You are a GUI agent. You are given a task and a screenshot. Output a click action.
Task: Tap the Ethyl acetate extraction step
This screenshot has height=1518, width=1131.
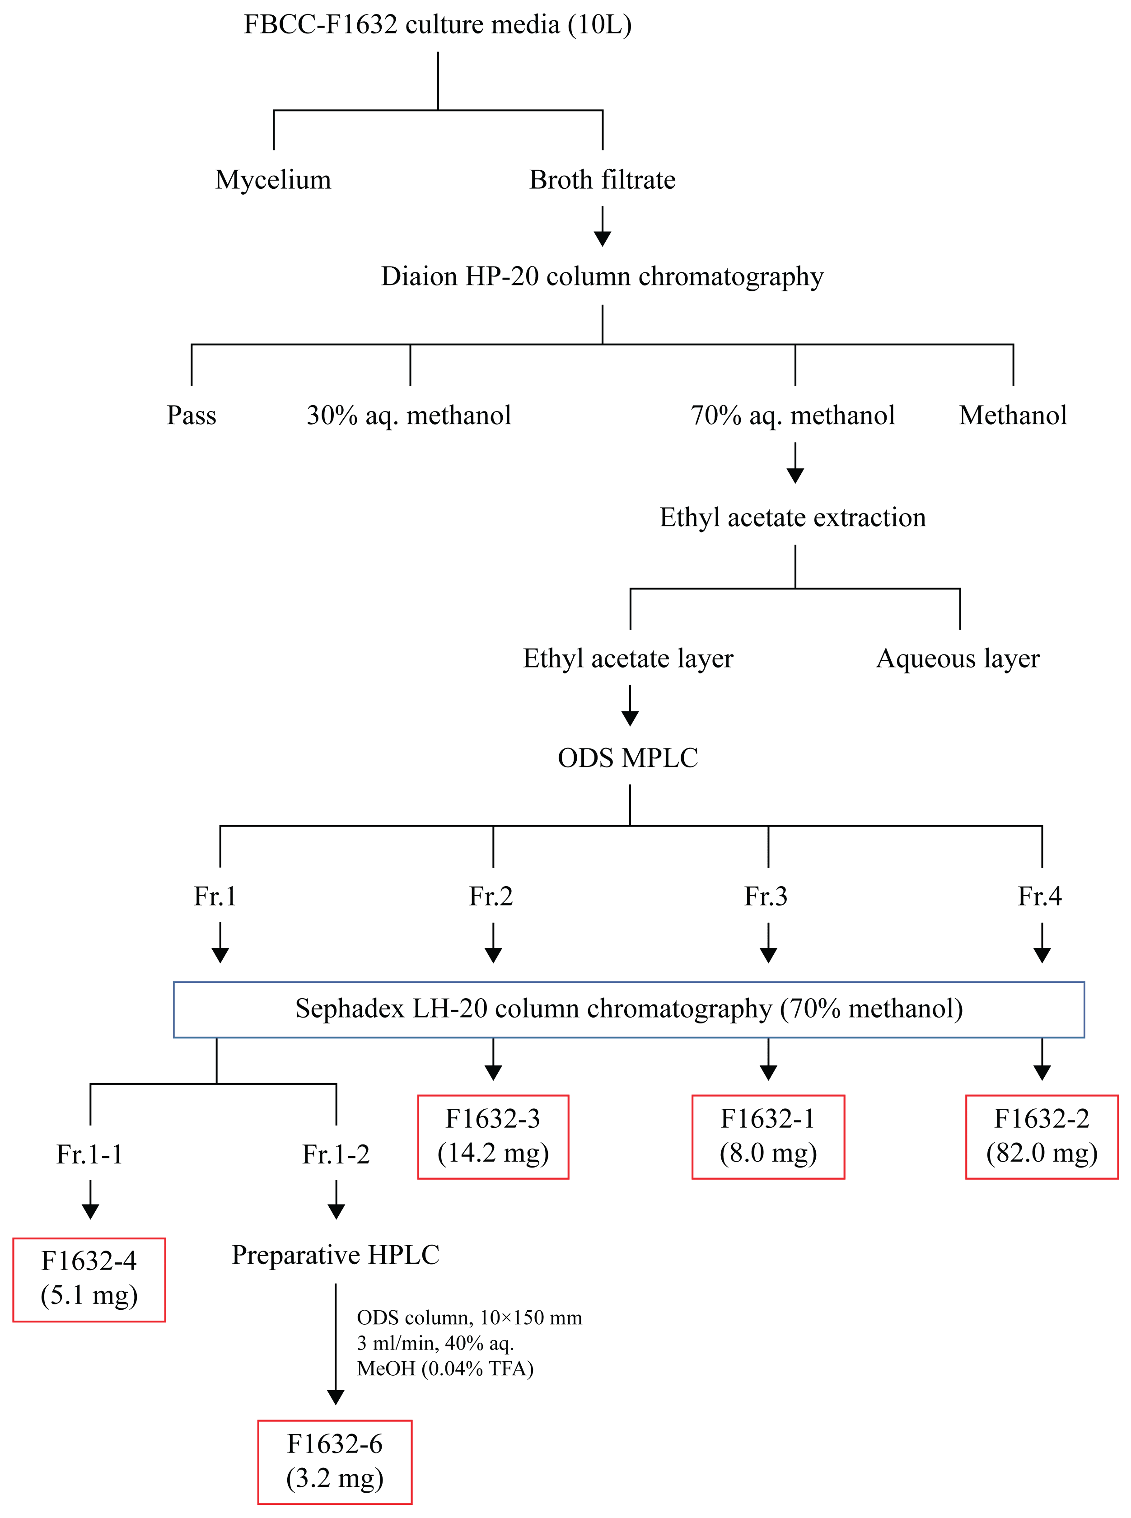[792, 518]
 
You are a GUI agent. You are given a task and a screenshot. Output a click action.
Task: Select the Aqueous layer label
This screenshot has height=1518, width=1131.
[958, 659]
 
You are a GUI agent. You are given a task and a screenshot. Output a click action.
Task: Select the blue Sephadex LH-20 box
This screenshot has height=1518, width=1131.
[628, 1009]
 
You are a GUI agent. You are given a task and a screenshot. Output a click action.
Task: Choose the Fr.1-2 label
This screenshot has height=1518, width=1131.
[336, 1154]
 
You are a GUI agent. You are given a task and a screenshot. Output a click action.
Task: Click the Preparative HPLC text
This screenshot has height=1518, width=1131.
[336, 1255]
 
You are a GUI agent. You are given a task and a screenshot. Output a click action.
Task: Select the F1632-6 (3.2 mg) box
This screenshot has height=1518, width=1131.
[335, 1461]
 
